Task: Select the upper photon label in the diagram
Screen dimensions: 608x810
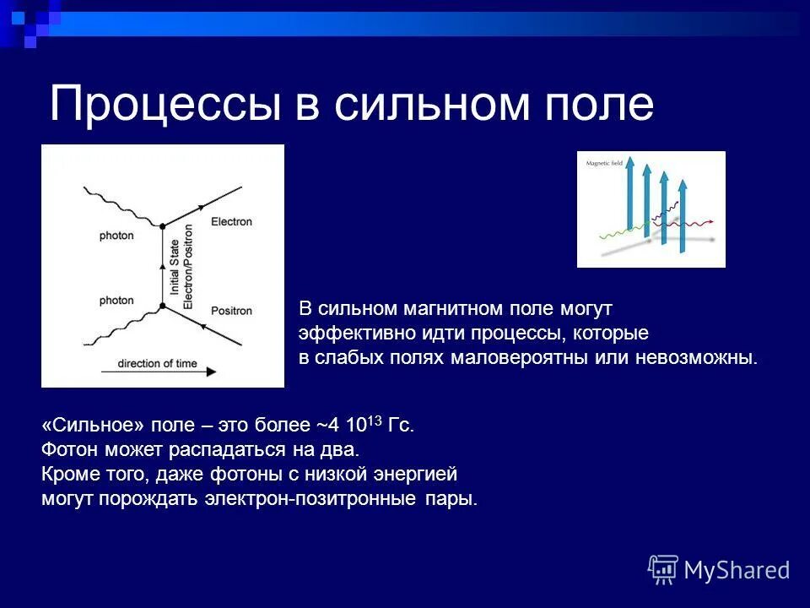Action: pyautogui.click(x=116, y=236)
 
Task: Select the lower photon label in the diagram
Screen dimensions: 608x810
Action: pyautogui.click(x=116, y=301)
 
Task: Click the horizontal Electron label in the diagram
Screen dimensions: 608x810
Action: pyautogui.click(x=231, y=222)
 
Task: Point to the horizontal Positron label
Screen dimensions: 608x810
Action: pyautogui.click(x=231, y=311)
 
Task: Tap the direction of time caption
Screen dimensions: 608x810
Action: pyautogui.click(x=157, y=364)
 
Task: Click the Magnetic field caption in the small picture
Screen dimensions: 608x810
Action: pyautogui.click(x=599, y=165)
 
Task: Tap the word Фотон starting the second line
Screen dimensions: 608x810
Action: pyautogui.click(x=67, y=449)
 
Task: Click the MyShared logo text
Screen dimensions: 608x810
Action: pyautogui.click(x=737, y=570)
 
